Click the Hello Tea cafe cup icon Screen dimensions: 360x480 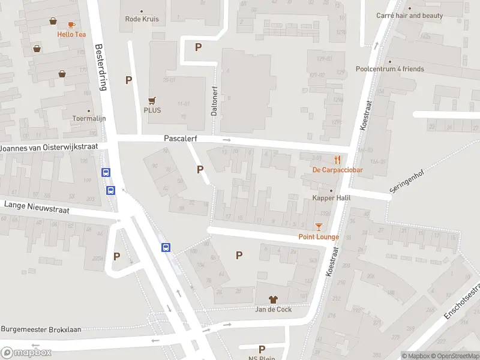tap(71, 25)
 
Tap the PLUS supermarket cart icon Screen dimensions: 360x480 tap(152, 101)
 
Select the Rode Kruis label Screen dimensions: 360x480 tap(142, 19)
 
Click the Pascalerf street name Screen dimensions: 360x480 tap(181, 138)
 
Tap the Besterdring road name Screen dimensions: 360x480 tap(101, 66)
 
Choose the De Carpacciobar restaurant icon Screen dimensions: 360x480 tap(338, 160)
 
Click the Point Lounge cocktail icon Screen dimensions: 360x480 tap(319, 227)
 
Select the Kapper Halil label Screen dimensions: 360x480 tap(331, 198)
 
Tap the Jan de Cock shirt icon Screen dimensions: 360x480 tap(273, 299)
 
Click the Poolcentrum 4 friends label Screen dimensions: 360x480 tap(389, 69)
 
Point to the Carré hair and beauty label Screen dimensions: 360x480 tap(409, 16)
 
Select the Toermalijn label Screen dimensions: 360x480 tap(89, 118)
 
